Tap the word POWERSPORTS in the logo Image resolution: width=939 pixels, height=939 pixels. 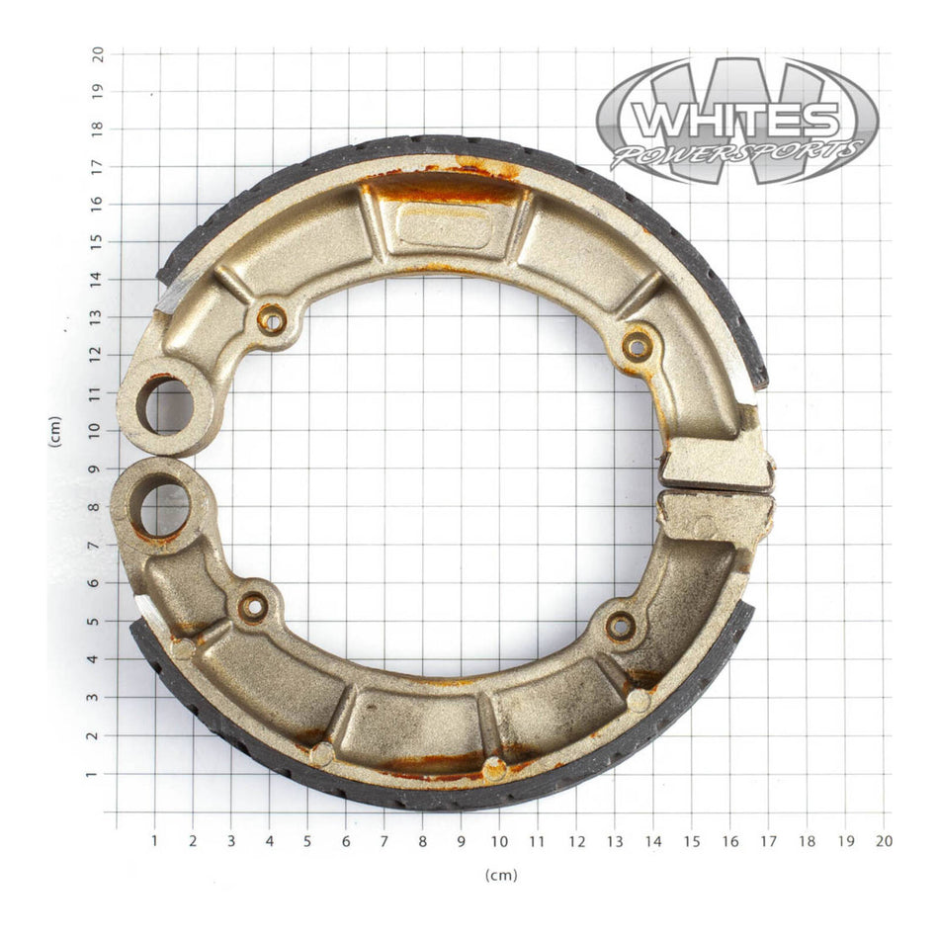(x=735, y=153)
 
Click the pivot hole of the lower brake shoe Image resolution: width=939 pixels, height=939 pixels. (x=163, y=509)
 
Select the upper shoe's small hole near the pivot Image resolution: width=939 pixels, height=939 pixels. (x=271, y=319)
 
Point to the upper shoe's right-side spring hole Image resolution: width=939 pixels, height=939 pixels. (x=638, y=346)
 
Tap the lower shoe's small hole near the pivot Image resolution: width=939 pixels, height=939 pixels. (x=253, y=607)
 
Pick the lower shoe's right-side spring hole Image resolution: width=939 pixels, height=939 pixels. (x=620, y=625)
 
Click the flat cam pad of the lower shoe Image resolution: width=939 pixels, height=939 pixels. (x=717, y=516)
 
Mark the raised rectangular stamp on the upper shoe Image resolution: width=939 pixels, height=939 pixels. (x=444, y=226)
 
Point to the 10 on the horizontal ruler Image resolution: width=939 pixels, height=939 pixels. (x=497, y=841)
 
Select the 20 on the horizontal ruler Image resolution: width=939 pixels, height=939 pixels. (x=883, y=841)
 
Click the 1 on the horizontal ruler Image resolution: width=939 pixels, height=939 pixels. (x=154, y=841)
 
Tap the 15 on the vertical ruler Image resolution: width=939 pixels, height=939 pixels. (x=97, y=241)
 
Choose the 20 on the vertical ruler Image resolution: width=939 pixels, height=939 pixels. (x=97, y=53)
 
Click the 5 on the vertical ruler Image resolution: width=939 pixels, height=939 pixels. (x=97, y=622)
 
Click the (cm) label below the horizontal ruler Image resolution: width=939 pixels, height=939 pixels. (x=500, y=875)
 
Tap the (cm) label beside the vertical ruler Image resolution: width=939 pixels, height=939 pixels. (x=55, y=431)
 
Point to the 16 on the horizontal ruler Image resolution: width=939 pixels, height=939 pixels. (x=729, y=841)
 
